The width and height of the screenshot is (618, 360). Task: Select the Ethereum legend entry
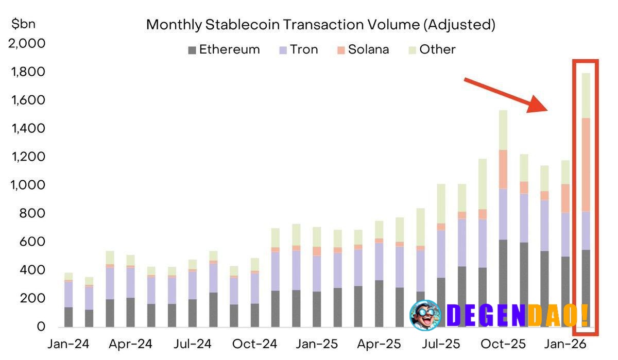tap(224, 49)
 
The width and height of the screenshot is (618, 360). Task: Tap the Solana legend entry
tap(363, 49)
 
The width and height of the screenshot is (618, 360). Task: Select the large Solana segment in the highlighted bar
tap(586, 165)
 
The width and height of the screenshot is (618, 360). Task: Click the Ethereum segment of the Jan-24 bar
tap(68, 317)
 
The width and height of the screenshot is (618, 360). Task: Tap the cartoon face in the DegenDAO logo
tap(425, 314)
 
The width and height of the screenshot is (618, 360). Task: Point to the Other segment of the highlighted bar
tap(586, 95)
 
